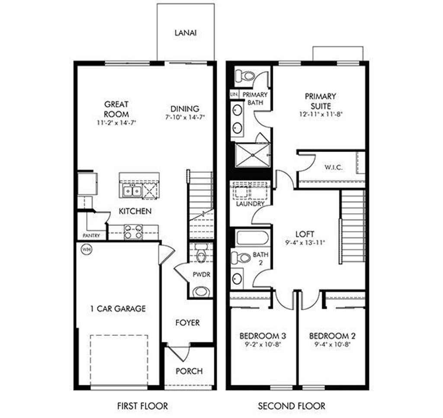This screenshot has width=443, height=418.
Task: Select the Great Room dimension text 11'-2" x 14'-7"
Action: click(x=116, y=123)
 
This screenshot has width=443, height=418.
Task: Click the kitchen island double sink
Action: click(x=132, y=190)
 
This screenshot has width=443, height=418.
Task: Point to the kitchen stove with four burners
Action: click(x=133, y=232)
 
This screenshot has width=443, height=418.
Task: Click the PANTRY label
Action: click(x=92, y=236)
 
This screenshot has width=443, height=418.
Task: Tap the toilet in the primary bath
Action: click(x=245, y=76)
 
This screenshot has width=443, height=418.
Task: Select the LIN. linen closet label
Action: click(x=234, y=94)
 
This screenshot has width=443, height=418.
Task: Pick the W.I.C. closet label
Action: click(x=333, y=167)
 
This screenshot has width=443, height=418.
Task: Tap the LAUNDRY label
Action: click(x=250, y=203)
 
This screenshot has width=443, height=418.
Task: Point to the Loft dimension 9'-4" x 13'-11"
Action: click(x=306, y=243)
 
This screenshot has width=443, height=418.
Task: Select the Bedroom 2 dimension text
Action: click(x=329, y=345)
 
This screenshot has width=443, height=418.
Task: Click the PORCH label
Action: click(x=189, y=371)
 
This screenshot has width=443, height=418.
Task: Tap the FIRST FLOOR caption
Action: click(x=142, y=406)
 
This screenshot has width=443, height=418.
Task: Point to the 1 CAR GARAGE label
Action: click(x=118, y=309)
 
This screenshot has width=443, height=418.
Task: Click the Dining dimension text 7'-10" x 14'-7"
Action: click(x=185, y=117)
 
